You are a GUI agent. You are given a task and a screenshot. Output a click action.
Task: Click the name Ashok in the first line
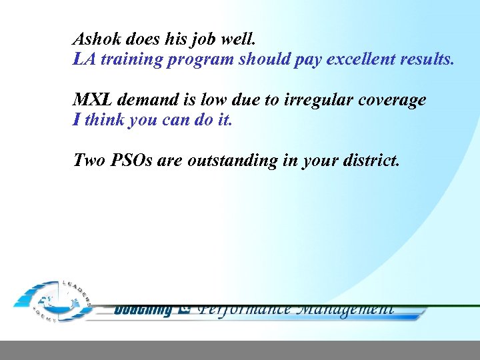click(94, 38)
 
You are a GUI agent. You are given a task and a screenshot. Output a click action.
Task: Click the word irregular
click(319, 100)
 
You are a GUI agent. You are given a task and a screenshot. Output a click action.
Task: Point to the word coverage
click(393, 100)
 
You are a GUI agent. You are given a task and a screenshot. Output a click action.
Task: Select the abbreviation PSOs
click(131, 161)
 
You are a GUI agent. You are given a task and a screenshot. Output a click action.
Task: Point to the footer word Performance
click(245, 309)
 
